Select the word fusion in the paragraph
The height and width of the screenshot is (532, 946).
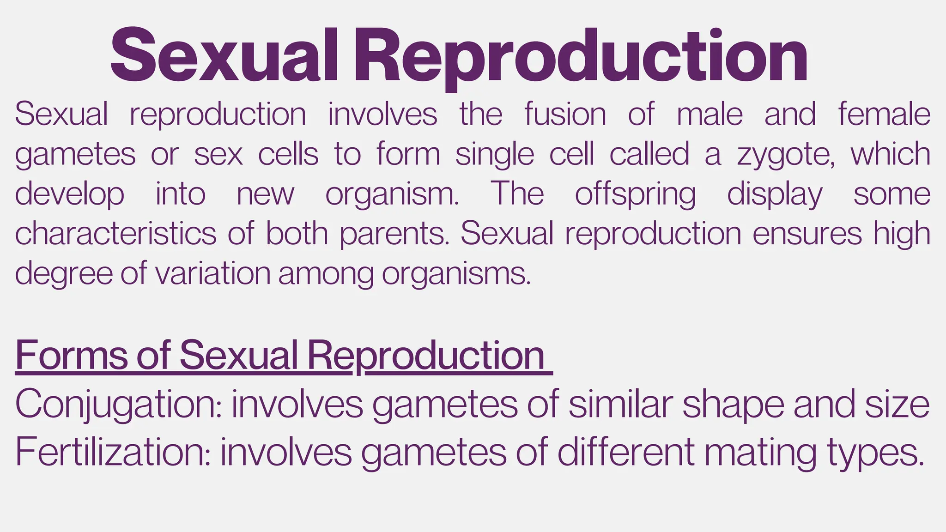click(x=565, y=114)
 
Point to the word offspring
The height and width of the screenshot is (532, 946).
click(x=635, y=194)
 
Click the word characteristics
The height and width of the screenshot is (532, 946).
click(x=115, y=233)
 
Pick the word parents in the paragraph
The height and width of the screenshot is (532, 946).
click(x=394, y=234)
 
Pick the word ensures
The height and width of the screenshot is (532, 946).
click(x=807, y=234)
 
